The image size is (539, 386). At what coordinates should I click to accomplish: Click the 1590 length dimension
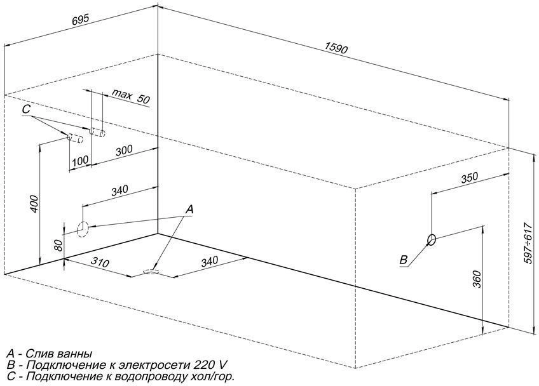[x=336, y=48]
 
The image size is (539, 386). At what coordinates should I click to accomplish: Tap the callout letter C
[x=26, y=109]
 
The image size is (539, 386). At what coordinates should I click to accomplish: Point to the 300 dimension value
[x=123, y=150]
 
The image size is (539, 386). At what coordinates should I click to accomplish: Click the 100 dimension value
[x=80, y=161]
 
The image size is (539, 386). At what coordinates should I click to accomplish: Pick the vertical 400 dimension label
[x=34, y=204]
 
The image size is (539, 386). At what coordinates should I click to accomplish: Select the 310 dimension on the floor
[x=100, y=262]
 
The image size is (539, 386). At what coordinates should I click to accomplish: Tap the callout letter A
[x=189, y=210]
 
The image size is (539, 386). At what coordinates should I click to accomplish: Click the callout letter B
[x=404, y=260]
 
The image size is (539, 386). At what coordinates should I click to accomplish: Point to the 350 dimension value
[x=469, y=177]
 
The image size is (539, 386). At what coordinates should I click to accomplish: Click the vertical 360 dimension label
[x=477, y=279]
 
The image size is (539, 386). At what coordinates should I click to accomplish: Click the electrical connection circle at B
[x=432, y=240]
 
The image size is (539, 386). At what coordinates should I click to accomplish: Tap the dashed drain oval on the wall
[x=83, y=229]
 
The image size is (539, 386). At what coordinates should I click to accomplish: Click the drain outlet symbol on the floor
[x=151, y=272]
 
